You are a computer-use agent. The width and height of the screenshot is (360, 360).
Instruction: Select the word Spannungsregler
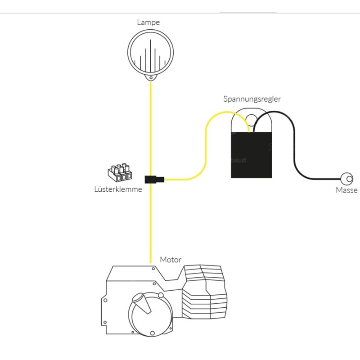[x=252, y=99]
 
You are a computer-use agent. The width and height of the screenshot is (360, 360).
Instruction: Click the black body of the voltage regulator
[x=252, y=155]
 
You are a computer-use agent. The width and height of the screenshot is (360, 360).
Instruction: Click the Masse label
[x=346, y=190]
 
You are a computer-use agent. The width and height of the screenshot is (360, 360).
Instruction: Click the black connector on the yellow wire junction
[x=153, y=179]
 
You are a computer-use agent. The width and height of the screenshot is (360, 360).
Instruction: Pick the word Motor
[x=171, y=260]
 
